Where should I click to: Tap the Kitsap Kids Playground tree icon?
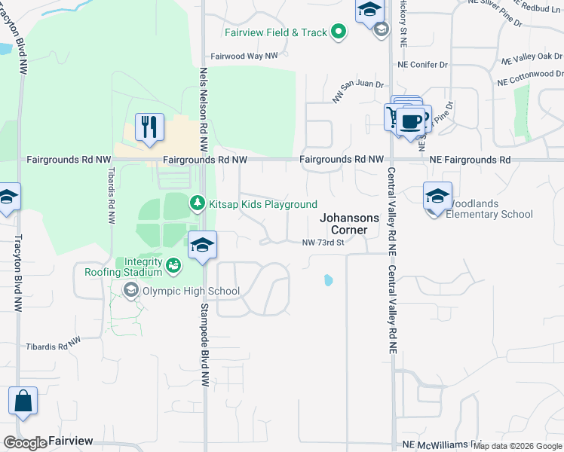click(197, 203)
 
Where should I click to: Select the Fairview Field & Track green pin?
click(339, 32)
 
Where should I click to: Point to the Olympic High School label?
click(191, 291)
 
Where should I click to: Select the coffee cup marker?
click(412, 121)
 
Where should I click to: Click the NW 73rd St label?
click(323, 243)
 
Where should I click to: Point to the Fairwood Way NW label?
click(244, 56)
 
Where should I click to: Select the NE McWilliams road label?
click(441, 445)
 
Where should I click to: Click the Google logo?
click(24, 443)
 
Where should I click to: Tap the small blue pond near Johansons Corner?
click(328, 280)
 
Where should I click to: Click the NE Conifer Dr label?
click(423, 65)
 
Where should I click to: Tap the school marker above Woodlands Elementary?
click(437, 196)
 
